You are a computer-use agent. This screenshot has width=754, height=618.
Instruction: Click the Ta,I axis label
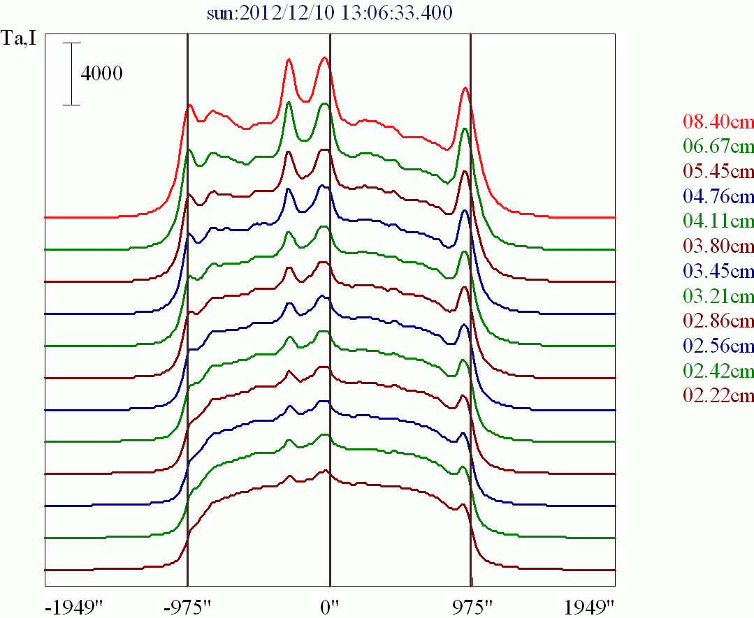coord(19,39)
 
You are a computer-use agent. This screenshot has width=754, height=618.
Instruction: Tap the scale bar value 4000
coord(101,73)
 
